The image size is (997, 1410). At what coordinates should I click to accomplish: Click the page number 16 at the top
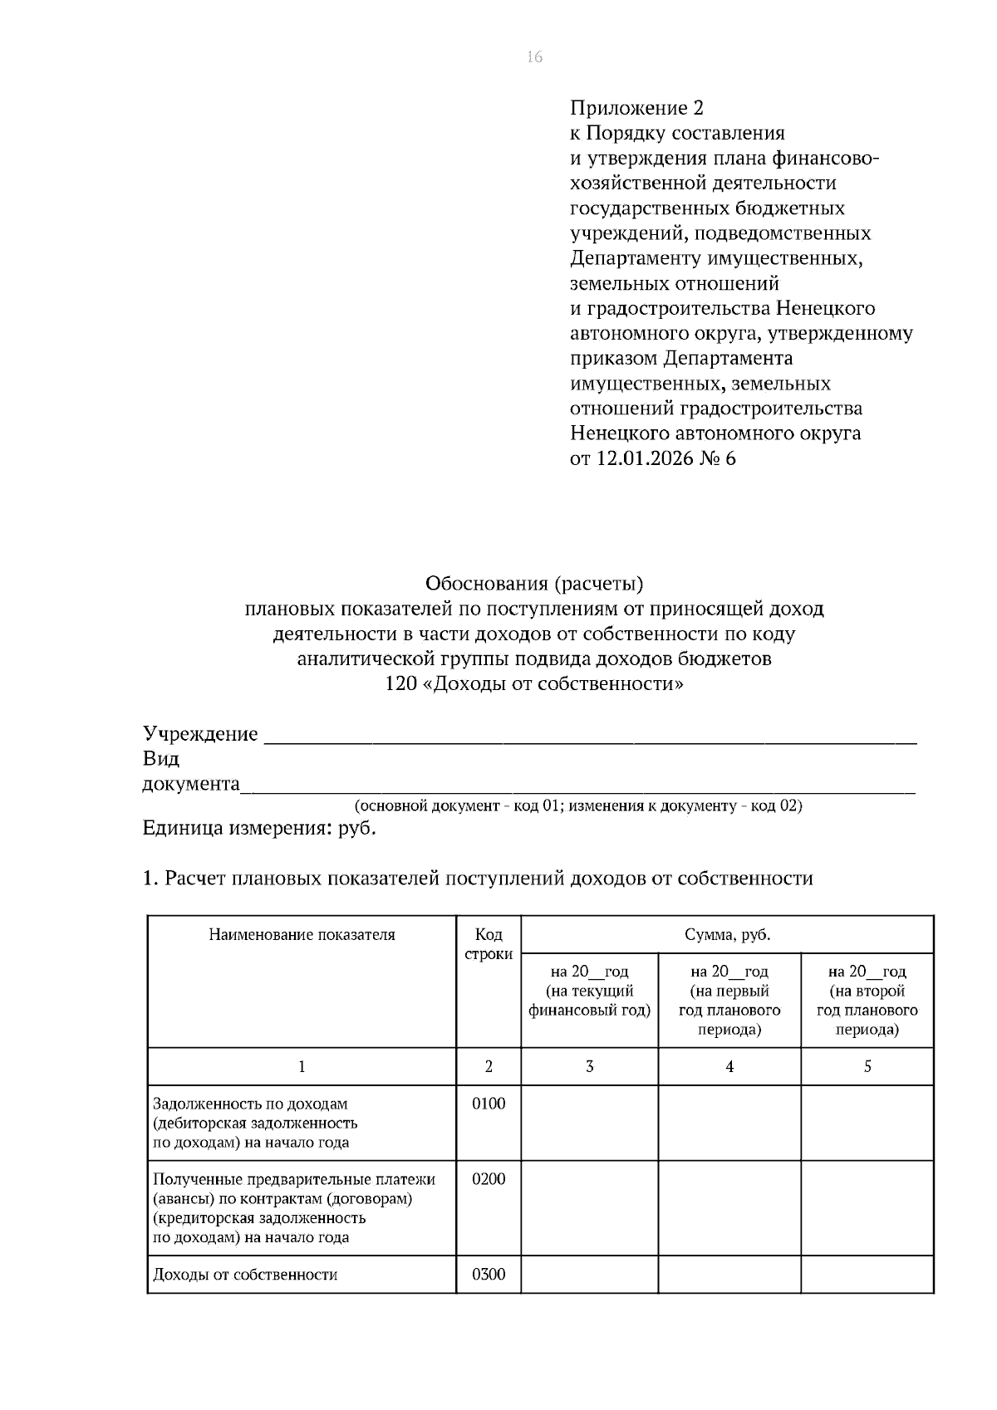click(534, 56)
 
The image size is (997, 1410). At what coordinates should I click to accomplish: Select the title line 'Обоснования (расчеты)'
click(534, 584)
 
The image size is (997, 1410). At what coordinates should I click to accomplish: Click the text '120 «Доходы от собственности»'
click(534, 684)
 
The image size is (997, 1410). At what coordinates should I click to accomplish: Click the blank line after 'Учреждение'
click(589, 736)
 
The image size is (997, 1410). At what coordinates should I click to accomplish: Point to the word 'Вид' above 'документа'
click(161, 759)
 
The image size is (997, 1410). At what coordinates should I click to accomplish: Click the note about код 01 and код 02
click(578, 806)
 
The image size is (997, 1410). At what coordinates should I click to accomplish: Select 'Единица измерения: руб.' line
click(259, 829)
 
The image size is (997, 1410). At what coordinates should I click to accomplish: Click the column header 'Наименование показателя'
click(302, 935)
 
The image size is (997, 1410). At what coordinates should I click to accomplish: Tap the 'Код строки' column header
click(489, 945)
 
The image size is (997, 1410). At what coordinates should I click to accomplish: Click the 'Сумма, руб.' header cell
click(727, 935)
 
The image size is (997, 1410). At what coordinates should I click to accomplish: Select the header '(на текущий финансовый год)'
click(589, 1001)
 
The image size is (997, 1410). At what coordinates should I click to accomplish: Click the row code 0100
click(489, 1104)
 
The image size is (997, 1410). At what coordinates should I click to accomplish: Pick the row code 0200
click(489, 1179)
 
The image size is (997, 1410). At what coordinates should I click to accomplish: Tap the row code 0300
click(489, 1275)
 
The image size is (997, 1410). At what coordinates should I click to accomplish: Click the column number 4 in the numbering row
click(729, 1066)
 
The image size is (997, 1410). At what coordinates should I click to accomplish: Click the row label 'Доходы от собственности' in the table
click(245, 1275)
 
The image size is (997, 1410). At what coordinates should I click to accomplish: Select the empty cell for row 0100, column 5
click(867, 1123)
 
